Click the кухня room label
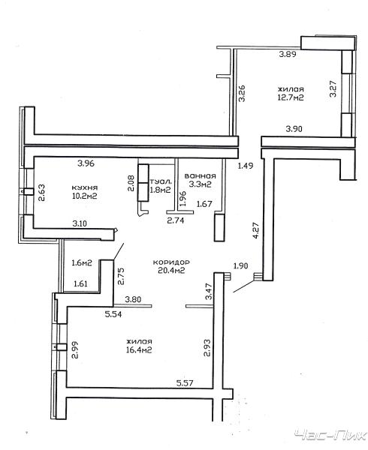[84, 187]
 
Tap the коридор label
[171, 262]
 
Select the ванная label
[201, 176]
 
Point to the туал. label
[161, 181]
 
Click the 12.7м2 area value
[291, 97]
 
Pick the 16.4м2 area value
[139, 350]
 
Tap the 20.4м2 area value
[171, 270]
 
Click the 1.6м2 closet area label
[82, 262]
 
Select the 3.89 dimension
[288, 54]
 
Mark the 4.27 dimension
[256, 230]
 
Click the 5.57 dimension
[185, 382]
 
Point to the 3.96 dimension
[86, 163]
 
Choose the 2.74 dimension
[176, 220]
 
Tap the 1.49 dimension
[246, 166]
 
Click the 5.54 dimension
[113, 314]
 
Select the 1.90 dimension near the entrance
[240, 266]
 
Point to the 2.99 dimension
[75, 349]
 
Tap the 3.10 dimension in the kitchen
[80, 223]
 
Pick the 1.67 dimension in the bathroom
[204, 204]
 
